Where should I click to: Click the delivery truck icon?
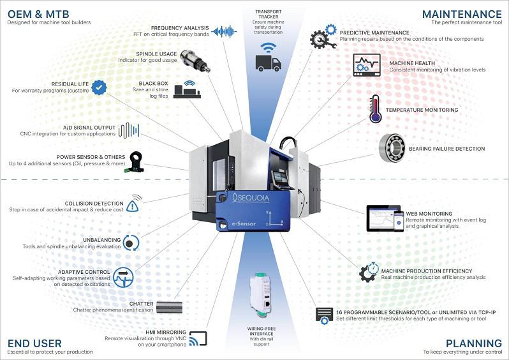point(268,62)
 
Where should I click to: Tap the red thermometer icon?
point(375,109)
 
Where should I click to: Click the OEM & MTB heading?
point(30,13)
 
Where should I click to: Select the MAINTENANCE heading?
point(462,13)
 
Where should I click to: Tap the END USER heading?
point(27,343)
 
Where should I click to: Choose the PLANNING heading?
point(473,343)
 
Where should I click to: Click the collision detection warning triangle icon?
point(133,205)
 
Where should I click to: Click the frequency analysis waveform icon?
point(224,31)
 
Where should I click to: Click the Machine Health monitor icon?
point(366,65)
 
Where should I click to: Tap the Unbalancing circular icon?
point(131,242)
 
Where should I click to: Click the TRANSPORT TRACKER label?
point(268,15)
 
